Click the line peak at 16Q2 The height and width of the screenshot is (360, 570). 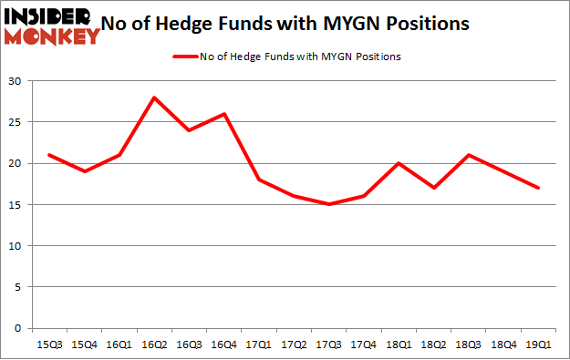point(154,98)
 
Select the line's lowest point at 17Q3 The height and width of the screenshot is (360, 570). point(330,204)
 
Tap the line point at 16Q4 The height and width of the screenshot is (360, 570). point(224,114)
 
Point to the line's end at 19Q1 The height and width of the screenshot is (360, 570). point(540,188)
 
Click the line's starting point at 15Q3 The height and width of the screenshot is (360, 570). point(48,155)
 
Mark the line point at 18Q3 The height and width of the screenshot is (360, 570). point(470,155)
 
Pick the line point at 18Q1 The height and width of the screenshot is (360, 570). point(399,163)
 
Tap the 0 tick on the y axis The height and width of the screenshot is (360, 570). point(20,328)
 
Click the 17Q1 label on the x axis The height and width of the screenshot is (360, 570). point(260,345)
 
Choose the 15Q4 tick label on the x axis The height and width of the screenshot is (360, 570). point(84,345)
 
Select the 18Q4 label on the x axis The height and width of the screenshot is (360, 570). point(505,345)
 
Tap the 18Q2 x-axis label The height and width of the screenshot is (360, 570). point(435,345)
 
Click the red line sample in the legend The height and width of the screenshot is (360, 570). point(183,57)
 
